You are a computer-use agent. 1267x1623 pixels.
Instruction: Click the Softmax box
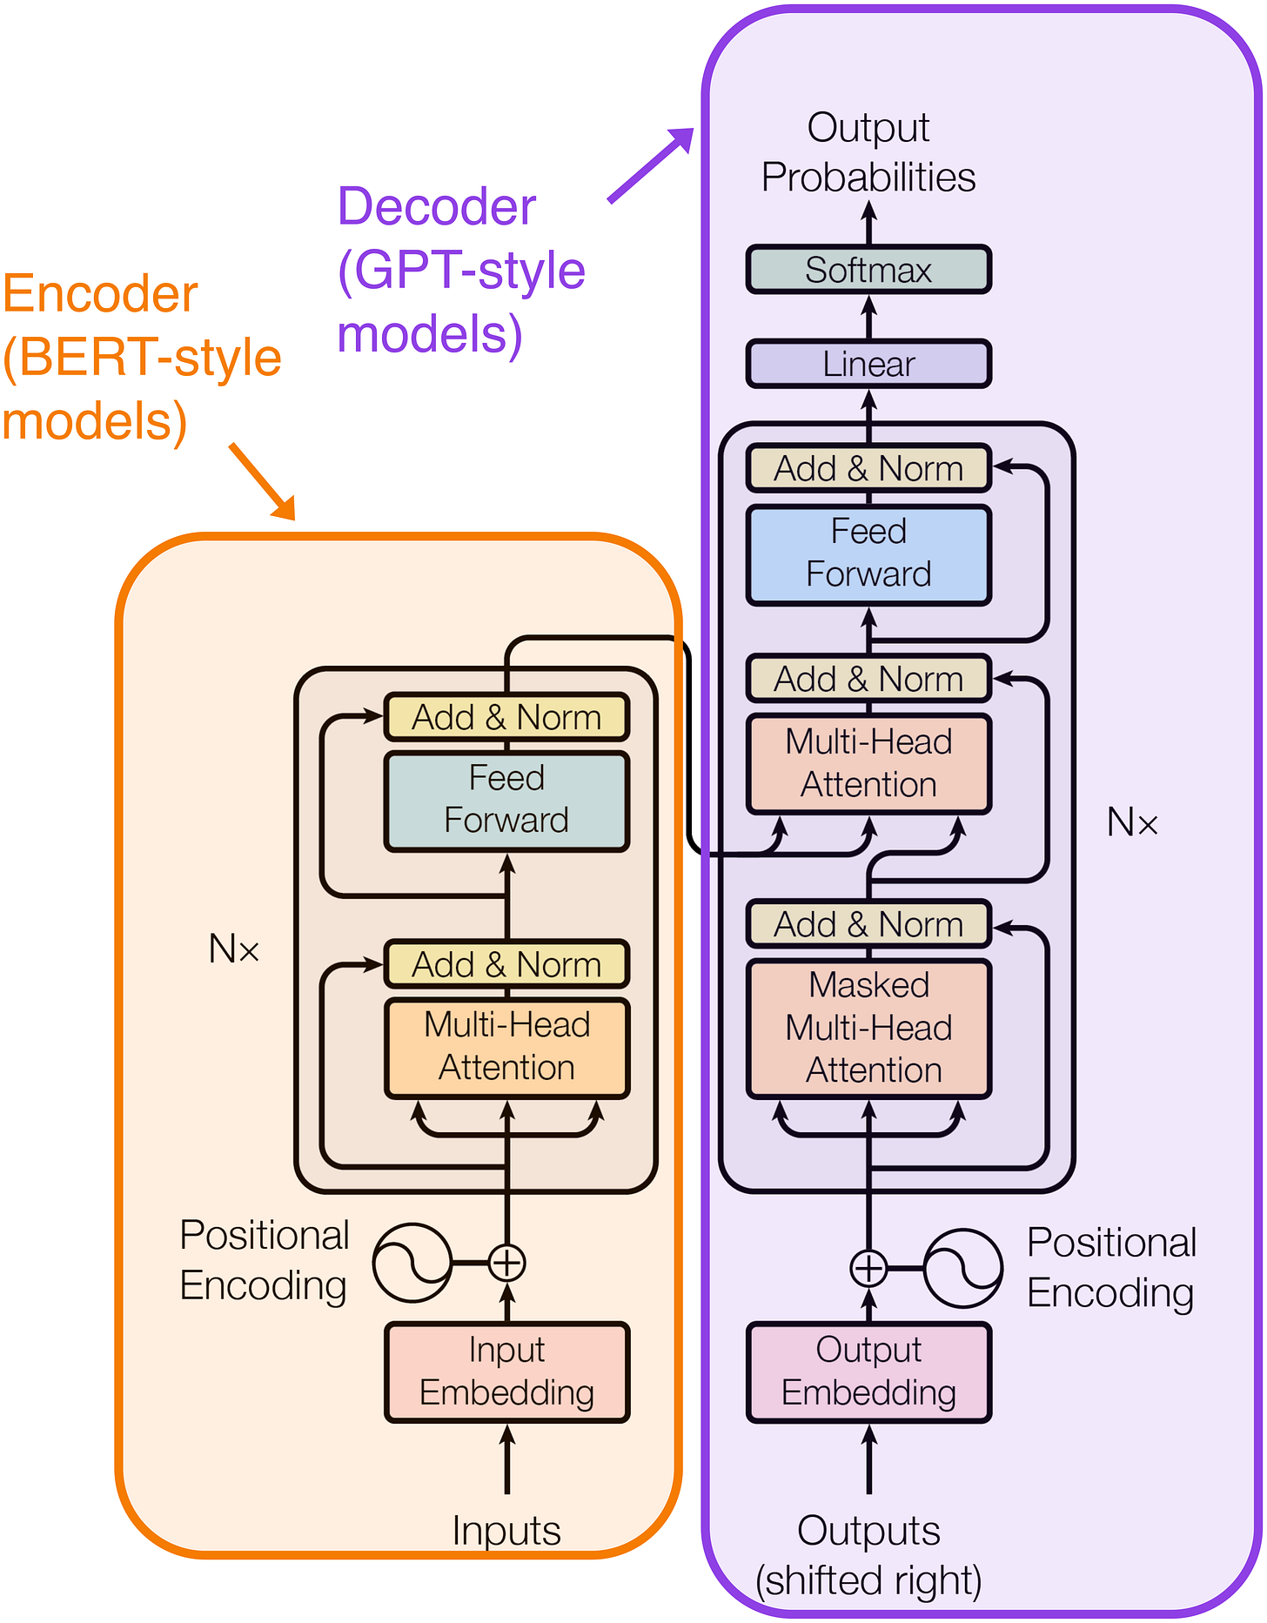coord(868,270)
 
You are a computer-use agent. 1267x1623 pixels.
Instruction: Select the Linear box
coord(868,364)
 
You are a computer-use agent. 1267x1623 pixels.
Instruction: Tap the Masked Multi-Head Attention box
coord(868,1028)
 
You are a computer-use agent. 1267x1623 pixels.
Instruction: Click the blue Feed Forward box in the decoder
coord(868,554)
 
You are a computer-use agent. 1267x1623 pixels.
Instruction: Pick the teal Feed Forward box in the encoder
coord(506,801)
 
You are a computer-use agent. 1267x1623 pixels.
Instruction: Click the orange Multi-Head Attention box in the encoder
coord(506,1048)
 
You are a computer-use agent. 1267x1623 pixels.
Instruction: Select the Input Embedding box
coord(506,1372)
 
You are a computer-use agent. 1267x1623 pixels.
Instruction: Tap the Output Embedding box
coord(868,1372)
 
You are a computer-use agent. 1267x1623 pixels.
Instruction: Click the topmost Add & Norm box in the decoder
coord(868,468)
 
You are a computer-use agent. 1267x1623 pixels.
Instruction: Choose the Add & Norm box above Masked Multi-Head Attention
coord(868,923)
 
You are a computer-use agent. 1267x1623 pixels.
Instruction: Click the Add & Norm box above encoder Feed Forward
coord(506,717)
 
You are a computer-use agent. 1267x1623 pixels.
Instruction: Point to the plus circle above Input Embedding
coord(507,1263)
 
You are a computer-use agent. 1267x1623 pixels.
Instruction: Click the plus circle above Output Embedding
coord(868,1268)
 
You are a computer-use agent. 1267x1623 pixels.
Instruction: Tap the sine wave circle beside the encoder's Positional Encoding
coord(412,1263)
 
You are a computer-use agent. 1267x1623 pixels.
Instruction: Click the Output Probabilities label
coord(868,152)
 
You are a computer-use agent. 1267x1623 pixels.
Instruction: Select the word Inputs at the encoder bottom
coord(506,1530)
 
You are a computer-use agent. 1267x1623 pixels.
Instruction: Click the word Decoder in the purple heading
coord(437,207)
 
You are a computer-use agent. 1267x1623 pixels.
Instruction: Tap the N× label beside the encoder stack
coord(234,949)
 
